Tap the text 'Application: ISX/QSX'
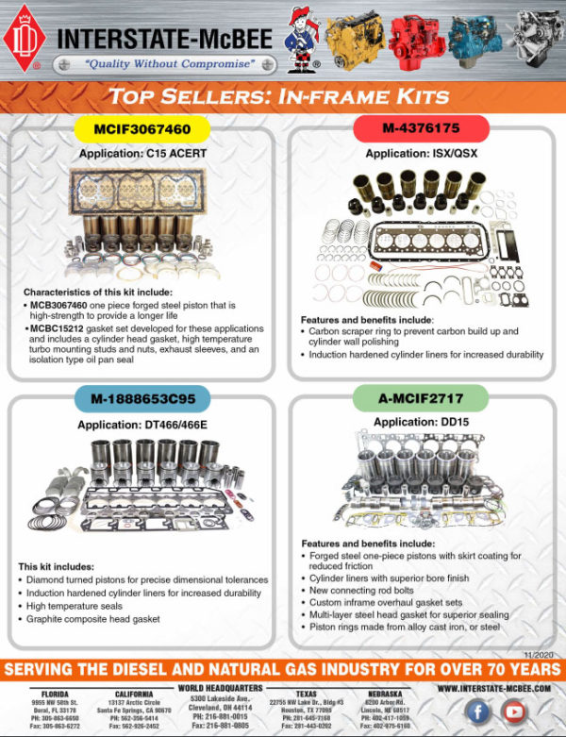(x=422, y=150)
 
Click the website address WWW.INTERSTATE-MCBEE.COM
(x=495, y=688)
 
